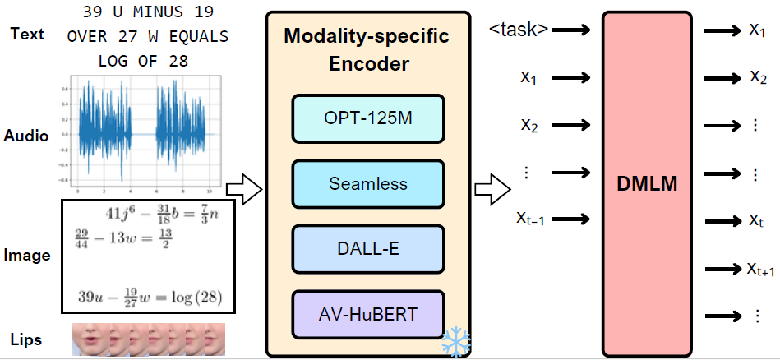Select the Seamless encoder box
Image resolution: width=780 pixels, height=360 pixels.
pyautogui.click(x=367, y=185)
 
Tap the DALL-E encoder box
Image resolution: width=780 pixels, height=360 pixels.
pyautogui.click(x=367, y=248)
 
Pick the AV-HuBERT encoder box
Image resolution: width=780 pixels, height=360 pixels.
pyautogui.click(x=367, y=313)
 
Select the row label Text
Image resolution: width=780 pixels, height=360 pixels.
pyautogui.click(x=27, y=35)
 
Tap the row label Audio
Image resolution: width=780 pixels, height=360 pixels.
pyautogui.click(x=26, y=136)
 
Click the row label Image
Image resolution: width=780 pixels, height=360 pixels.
pyautogui.click(x=26, y=255)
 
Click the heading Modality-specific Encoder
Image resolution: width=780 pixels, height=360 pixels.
pyautogui.click(x=367, y=51)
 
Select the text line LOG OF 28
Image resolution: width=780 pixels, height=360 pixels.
pyautogui.click(x=143, y=61)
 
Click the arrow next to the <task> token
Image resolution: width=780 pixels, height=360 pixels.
pyautogui.click(x=574, y=30)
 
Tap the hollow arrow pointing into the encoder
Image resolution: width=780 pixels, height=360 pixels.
pyautogui.click(x=243, y=191)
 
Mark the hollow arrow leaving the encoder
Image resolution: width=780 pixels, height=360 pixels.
pyautogui.click(x=494, y=191)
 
